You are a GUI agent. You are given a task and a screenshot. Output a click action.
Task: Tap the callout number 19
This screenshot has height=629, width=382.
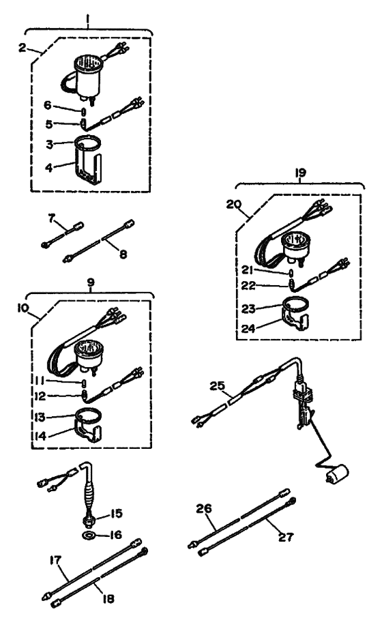[299, 173]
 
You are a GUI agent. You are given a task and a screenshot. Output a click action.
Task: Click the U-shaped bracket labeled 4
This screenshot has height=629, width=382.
[89, 167]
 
